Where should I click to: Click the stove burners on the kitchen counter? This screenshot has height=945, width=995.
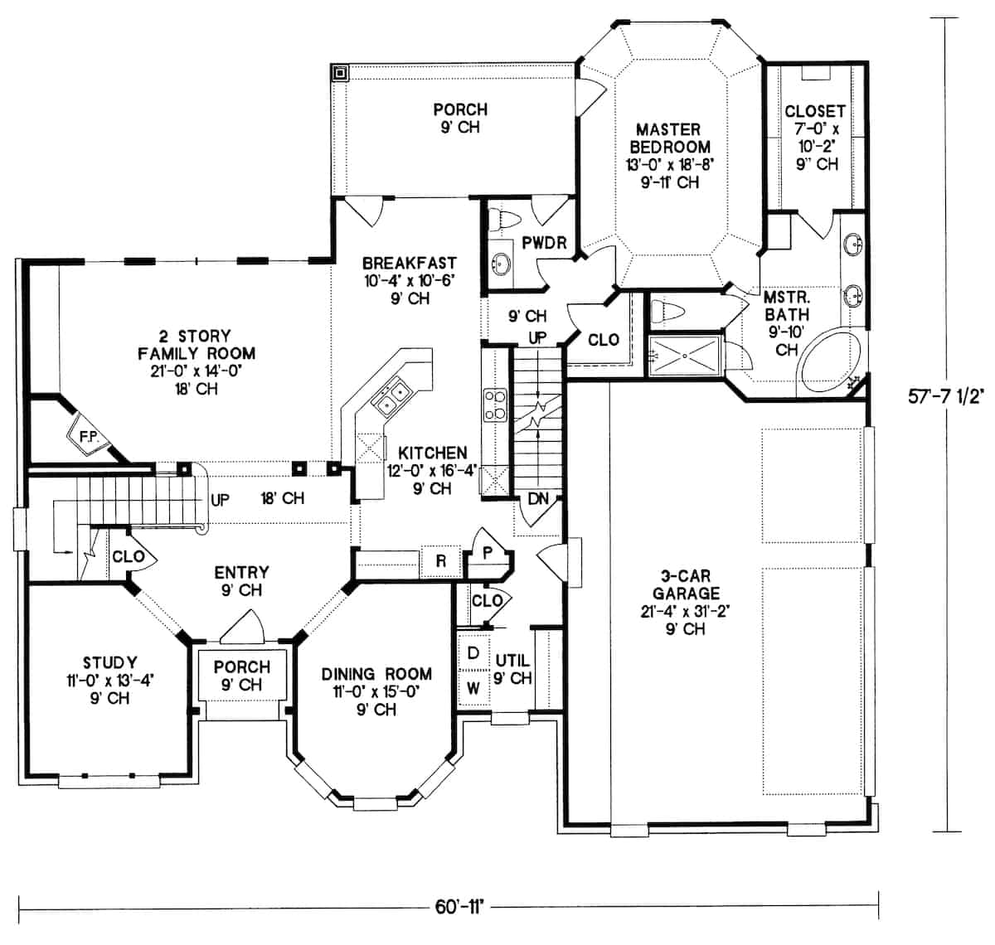[x=495, y=406]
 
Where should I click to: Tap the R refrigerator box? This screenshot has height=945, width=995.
[x=441, y=561]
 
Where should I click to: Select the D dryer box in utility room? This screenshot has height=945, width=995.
[x=473, y=653]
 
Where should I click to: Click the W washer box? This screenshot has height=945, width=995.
[x=473, y=688]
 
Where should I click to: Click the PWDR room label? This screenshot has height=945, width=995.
[x=544, y=243]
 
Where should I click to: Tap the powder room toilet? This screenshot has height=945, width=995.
[x=504, y=220]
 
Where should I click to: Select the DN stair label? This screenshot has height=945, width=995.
[x=537, y=500]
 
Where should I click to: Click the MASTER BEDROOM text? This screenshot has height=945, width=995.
[x=667, y=138]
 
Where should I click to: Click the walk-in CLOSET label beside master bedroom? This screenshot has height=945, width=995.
[x=814, y=111]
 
